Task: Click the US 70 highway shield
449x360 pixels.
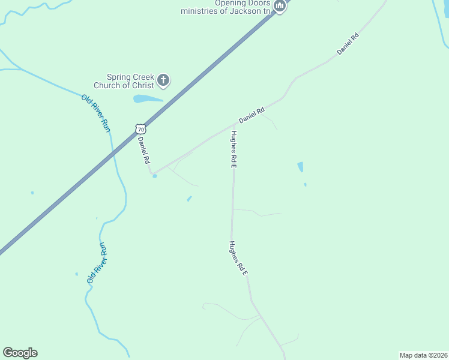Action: point(140,129)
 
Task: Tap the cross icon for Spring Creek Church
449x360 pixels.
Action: point(163,80)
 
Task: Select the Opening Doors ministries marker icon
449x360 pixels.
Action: point(279,6)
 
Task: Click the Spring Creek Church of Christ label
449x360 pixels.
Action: point(130,81)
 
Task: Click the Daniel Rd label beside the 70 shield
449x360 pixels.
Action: point(143,151)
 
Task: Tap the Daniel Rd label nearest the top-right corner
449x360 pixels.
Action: point(348,44)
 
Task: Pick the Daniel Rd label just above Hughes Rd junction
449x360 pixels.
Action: point(252,115)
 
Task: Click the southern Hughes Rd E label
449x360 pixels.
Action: point(238,259)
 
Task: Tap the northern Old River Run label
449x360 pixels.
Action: point(97,113)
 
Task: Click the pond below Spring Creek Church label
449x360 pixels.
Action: point(147,99)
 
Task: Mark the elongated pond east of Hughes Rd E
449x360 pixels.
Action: point(300,167)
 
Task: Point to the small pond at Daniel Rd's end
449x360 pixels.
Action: point(154,175)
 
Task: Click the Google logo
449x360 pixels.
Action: point(20,353)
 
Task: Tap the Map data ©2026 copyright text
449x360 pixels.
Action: point(423,355)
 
